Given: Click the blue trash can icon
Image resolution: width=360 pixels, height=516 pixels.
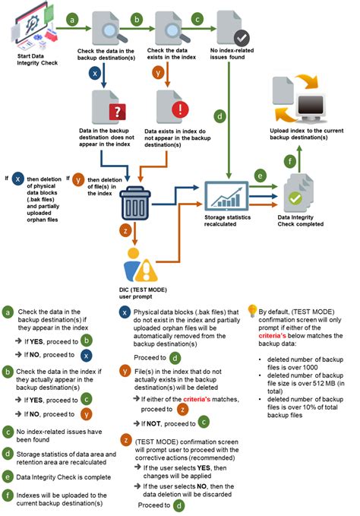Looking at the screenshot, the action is pyautogui.click(x=136, y=203).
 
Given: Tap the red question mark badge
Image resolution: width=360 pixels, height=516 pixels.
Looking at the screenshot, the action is pyautogui.click(x=118, y=112).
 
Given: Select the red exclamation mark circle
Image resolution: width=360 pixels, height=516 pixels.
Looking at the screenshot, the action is pyautogui.click(x=180, y=109).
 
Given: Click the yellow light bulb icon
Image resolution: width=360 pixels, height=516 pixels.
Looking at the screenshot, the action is pyautogui.click(x=252, y=311).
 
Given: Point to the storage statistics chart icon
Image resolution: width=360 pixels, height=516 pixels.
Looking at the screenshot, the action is pyautogui.click(x=226, y=196).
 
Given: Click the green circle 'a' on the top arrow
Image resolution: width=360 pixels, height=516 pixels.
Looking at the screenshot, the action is pyautogui.click(x=72, y=20).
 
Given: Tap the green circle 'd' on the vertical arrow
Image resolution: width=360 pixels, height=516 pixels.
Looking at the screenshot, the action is pyautogui.click(x=219, y=116).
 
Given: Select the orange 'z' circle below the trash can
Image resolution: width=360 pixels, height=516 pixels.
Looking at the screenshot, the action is pyautogui.click(x=125, y=231).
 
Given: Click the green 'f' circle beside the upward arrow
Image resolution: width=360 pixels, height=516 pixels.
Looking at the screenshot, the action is pyautogui.click(x=290, y=162).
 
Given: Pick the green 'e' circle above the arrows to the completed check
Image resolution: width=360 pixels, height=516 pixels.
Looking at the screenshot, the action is pyautogui.click(x=260, y=176).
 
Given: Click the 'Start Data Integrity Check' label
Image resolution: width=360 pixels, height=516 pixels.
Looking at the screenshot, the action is pyautogui.click(x=37, y=59).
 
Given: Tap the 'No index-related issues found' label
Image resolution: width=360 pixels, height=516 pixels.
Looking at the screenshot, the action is pyautogui.click(x=232, y=54).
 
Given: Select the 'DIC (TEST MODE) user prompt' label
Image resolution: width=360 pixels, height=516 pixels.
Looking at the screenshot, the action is pyautogui.click(x=143, y=293).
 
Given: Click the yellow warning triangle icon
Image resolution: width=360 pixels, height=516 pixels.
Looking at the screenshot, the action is pyautogui.click(x=147, y=271).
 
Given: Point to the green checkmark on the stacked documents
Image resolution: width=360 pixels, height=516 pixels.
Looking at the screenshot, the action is pyautogui.click(x=295, y=198).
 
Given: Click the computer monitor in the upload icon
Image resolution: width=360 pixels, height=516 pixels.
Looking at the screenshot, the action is pyautogui.click(x=311, y=107).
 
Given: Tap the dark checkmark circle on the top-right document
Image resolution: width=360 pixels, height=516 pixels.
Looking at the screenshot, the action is pyautogui.click(x=242, y=38).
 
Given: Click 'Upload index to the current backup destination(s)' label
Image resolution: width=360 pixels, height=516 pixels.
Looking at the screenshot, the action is pyautogui.click(x=306, y=134).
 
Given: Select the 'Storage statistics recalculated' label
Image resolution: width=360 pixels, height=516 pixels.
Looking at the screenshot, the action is pyautogui.click(x=227, y=221).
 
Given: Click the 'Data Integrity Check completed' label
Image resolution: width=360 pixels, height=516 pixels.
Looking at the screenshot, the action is pyautogui.click(x=301, y=221).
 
